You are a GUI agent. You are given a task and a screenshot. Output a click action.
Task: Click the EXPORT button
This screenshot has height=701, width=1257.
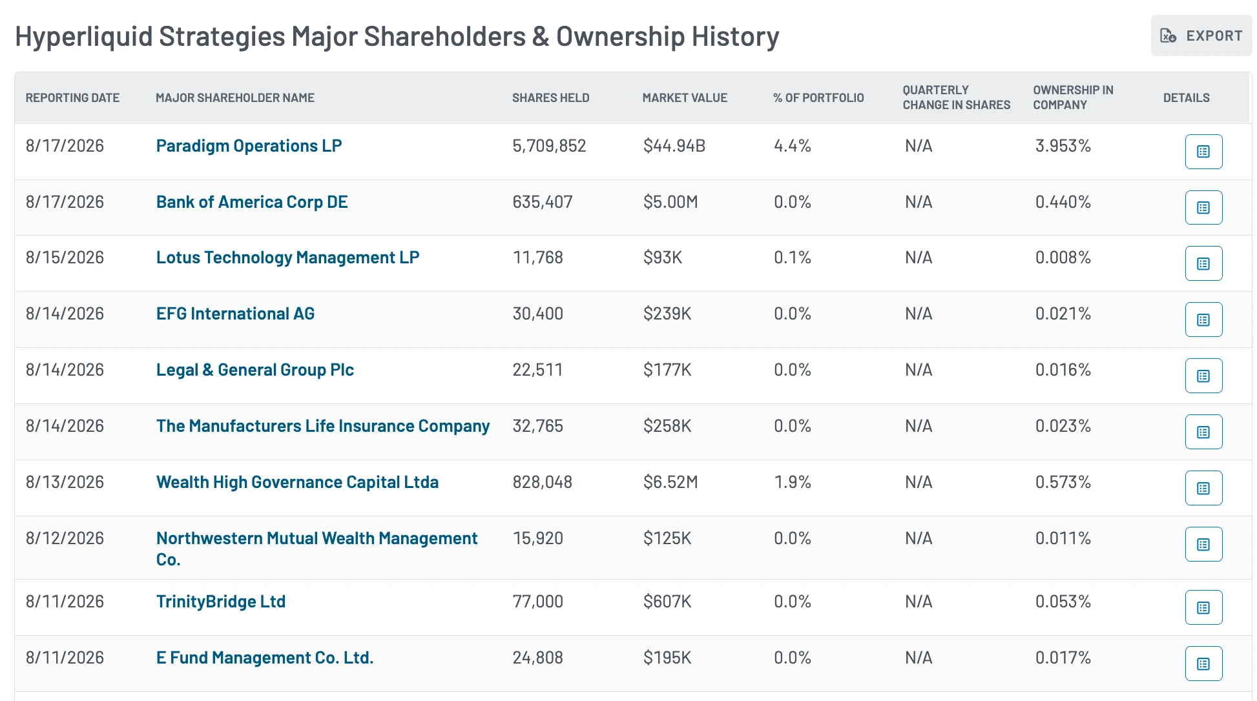pos(1201,36)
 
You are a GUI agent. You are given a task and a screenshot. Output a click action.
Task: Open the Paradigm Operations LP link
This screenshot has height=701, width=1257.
pos(249,147)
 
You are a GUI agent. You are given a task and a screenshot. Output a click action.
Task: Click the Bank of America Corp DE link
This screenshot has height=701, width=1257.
pos(252,202)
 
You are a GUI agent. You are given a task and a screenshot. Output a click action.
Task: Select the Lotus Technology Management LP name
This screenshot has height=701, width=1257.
pos(287,258)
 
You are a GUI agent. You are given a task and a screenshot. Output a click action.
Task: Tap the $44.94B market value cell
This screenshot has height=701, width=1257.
pos(674,146)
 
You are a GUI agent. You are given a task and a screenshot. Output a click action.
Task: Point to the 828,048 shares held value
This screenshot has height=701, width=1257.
pos(543,482)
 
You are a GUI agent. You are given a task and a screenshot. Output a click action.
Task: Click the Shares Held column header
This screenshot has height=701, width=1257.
pos(550,97)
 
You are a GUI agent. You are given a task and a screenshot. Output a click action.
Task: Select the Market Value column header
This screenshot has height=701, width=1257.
pos(685,97)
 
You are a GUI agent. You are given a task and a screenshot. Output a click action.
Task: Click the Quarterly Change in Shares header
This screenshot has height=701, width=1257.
pos(957,97)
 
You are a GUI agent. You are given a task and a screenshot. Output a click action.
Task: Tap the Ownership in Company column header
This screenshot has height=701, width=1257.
pos(1073,97)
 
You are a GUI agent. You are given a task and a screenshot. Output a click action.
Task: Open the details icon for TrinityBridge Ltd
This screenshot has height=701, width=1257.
pos(1203,607)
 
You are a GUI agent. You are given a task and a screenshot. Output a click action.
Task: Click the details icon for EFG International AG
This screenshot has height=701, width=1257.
pos(1203,320)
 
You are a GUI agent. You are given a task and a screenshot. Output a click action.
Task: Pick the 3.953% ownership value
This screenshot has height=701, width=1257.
pos(1063,146)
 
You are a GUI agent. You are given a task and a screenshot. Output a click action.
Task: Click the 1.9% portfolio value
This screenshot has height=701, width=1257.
pos(793,482)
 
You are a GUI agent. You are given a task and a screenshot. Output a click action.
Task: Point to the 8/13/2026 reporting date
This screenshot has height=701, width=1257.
pos(65,482)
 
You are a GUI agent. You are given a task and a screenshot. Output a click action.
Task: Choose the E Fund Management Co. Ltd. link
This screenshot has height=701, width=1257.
pos(265,658)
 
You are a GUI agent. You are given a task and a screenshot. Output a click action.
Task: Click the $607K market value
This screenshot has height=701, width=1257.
pos(667,602)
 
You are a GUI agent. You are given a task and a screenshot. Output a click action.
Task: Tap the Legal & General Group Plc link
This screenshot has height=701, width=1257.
pos(255,370)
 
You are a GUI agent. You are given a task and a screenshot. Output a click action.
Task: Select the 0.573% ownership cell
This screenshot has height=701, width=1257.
pos(1063,482)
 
